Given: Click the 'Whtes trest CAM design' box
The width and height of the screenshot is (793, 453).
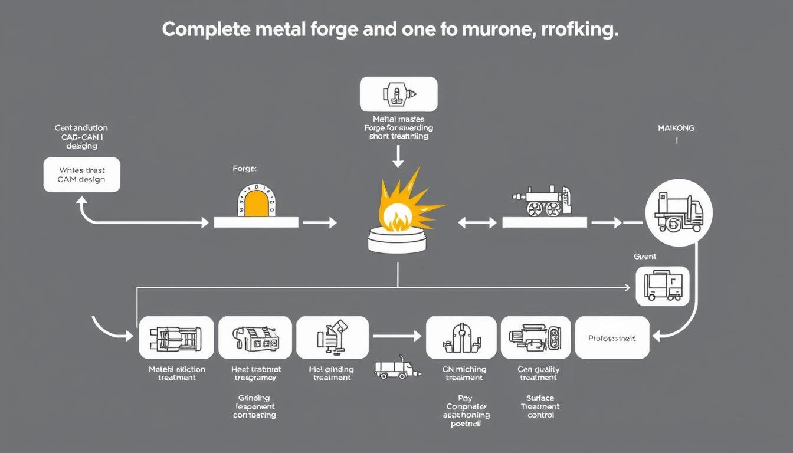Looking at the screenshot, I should pos(81,175).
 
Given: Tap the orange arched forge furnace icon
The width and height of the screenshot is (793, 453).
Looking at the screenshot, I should pos(255,202).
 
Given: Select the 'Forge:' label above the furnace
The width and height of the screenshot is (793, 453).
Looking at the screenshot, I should pos(245,169).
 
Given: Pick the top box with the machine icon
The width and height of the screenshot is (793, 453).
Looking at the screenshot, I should pos(398,94).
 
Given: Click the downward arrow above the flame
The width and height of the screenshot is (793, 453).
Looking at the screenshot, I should pos(398,156).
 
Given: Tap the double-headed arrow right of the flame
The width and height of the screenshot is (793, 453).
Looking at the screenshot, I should pos(477,222).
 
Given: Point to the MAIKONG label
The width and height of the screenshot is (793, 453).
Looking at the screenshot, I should pos(676,128).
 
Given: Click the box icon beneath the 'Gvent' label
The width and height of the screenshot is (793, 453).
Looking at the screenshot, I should pos(662,286).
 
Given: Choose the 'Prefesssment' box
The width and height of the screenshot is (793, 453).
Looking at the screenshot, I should pos(612,338).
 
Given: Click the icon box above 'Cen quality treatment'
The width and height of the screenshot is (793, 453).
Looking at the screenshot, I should pos(536,337).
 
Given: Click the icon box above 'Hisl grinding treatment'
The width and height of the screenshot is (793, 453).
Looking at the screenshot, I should pos(332,337).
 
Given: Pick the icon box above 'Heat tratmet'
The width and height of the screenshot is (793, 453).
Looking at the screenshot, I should pos(255,337).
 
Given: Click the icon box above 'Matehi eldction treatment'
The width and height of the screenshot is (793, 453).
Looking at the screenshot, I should pos(176,337).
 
